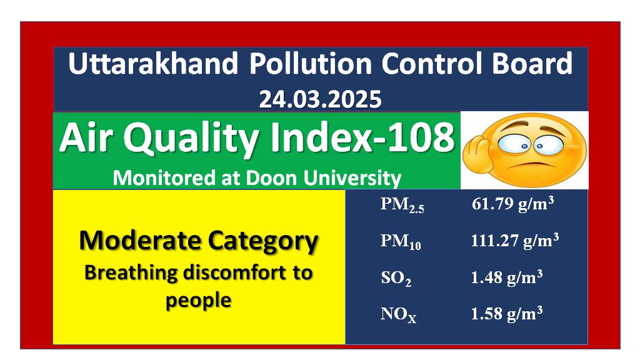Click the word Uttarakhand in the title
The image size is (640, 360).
(153, 64)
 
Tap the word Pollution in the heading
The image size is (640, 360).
(311, 64)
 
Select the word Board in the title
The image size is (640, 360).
(532, 64)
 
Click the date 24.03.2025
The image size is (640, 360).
(321, 99)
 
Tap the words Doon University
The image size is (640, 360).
(323, 178)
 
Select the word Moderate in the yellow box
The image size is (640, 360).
(139, 240)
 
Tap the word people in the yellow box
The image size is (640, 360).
(198, 301)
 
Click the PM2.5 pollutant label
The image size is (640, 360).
(402, 204)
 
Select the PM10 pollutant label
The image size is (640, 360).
(401, 241)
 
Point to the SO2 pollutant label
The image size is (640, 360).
(396, 278)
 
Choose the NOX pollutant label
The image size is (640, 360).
(398, 315)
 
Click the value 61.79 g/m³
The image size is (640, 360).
(512, 203)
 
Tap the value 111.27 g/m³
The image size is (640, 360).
(515, 241)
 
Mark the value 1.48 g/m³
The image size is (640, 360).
(506, 277)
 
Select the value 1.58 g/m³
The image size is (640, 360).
(506, 314)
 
